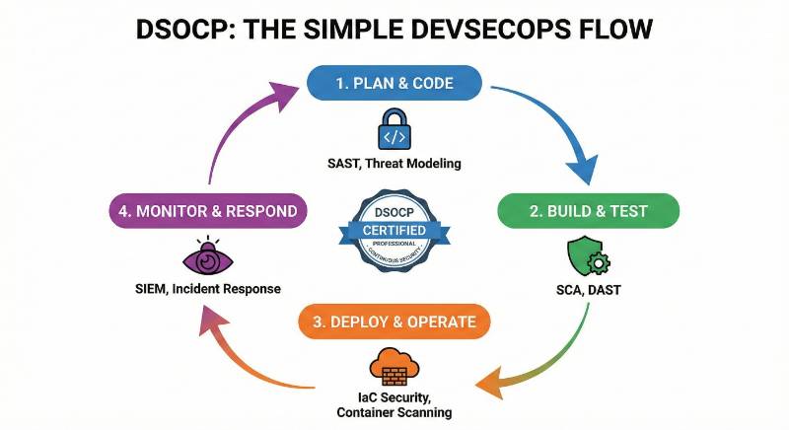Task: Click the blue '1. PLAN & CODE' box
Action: [x=394, y=83]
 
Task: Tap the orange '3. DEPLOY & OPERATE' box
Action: [x=394, y=322]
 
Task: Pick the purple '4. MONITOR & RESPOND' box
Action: [x=207, y=211]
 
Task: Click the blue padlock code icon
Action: [x=394, y=128]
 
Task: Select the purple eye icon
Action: [x=207, y=258]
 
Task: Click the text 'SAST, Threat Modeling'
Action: [x=394, y=163]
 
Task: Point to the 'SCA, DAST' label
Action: [x=589, y=292]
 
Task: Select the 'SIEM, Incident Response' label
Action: [x=207, y=289]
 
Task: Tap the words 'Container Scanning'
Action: [x=394, y=412]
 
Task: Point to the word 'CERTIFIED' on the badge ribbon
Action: [x=394, y=229]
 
